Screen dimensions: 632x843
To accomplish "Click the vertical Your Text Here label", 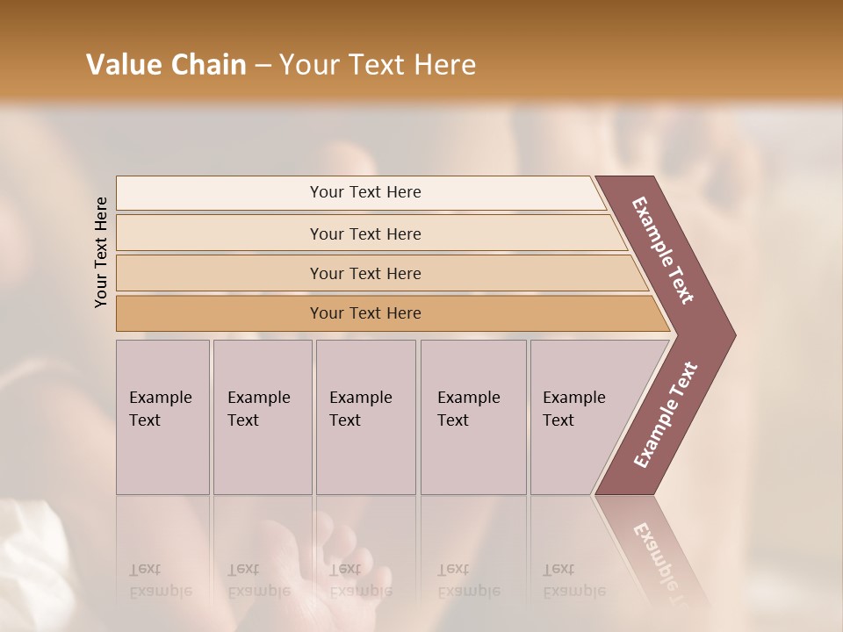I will click(101, 253).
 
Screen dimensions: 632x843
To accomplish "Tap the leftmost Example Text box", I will click(162, 417).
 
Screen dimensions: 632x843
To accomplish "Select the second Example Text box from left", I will click(263, 417).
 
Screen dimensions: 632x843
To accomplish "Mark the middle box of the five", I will click(365, 417).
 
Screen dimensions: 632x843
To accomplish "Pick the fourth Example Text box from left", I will click(473, 417).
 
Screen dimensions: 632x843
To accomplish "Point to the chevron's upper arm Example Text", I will click(664, 250).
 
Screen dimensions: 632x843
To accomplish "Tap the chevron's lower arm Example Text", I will click(666, 415).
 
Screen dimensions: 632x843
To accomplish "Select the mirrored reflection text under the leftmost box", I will click(161, 580).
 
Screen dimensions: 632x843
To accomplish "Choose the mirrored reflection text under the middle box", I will click(360, 580).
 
